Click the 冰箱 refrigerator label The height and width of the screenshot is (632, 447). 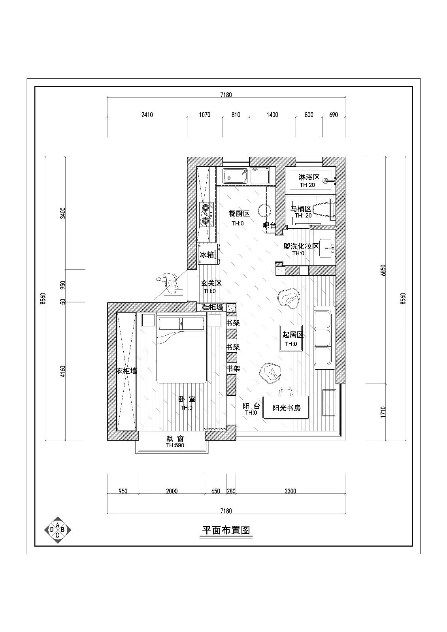(207, 255)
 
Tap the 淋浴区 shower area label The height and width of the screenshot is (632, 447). (309, 177)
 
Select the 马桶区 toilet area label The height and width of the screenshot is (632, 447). (301, 209)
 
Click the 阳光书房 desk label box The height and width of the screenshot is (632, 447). (287, 408)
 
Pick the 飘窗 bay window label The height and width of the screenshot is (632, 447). (175, 439)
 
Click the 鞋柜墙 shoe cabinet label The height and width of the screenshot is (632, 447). (213, 307)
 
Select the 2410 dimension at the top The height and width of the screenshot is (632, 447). (147, 115)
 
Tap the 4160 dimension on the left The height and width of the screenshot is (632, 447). (63, 371)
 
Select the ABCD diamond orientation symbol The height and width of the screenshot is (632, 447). (58, 530)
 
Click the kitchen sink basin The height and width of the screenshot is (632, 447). (235, 176)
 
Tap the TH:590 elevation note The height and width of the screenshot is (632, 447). (175, 445)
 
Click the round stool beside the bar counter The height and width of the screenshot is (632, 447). (264, 210)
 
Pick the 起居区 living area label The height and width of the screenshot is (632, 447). (293, 335)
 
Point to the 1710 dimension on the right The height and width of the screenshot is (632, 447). (383, 412)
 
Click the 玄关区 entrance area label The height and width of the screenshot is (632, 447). (211, 284)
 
